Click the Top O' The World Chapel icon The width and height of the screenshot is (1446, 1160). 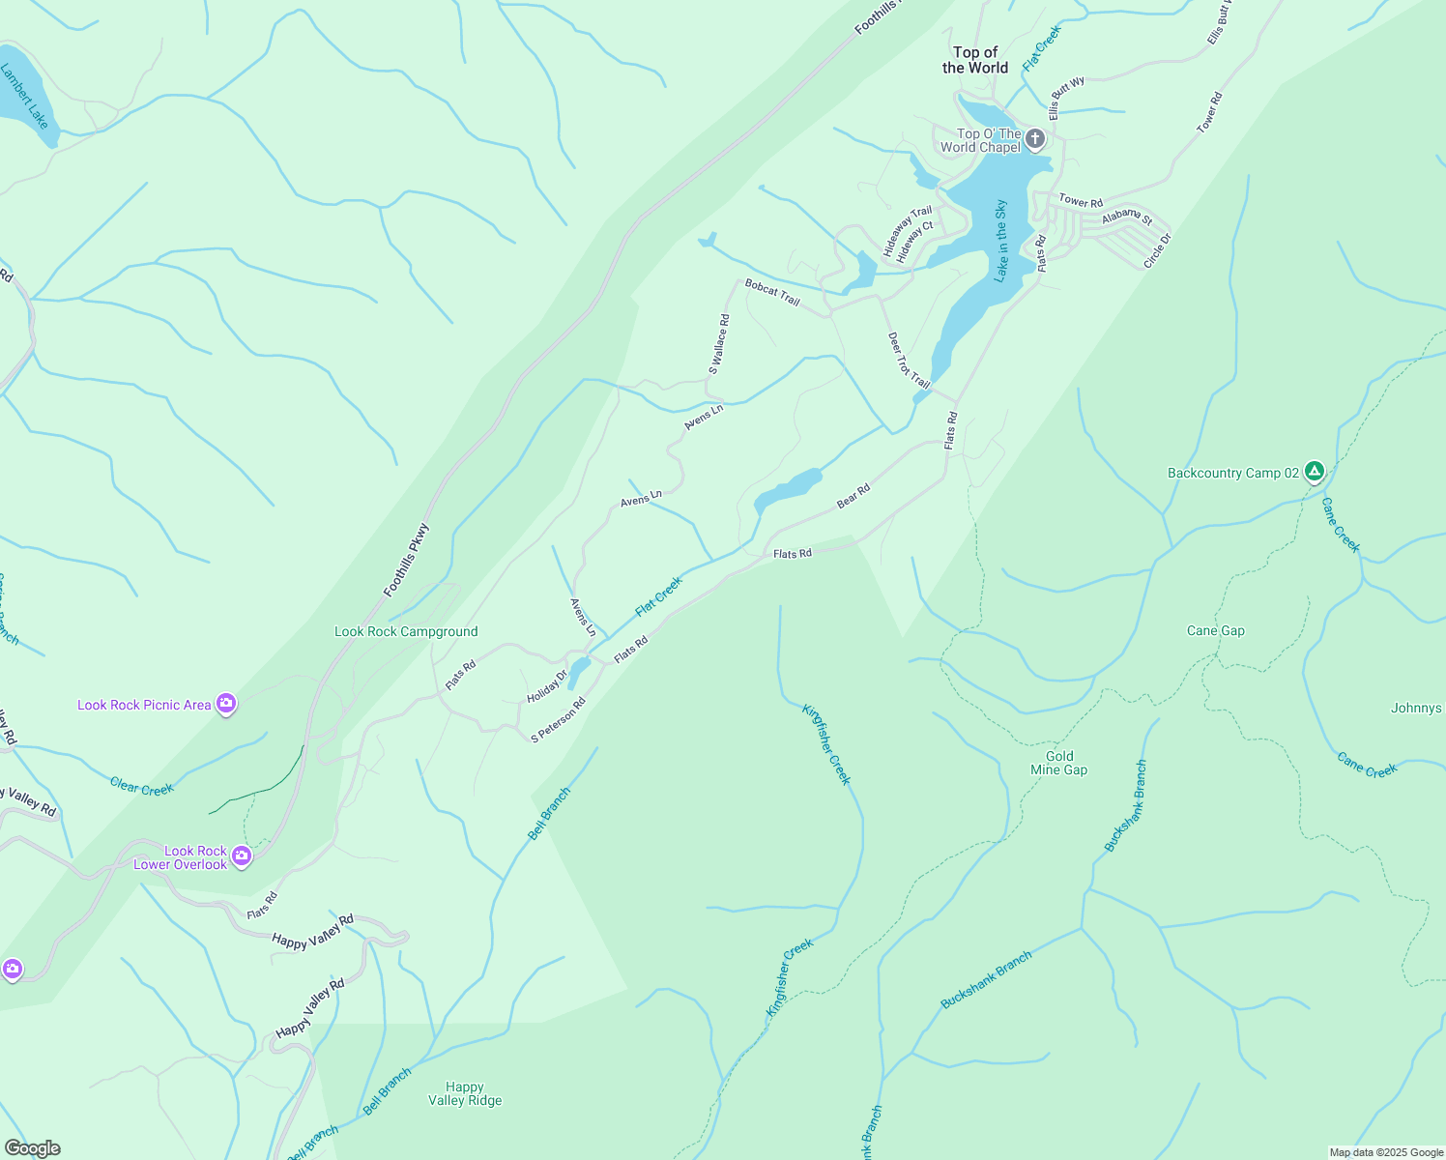[1035, 139]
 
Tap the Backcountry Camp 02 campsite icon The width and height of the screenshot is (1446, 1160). [1314, 472]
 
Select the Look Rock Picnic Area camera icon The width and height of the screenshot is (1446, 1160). [226, 704]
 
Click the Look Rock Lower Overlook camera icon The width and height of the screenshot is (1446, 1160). [242, 855]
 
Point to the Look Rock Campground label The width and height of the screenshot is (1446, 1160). [406, 631]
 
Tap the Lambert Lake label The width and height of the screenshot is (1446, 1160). [24, 96]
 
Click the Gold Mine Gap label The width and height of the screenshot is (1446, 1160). [1059, 764]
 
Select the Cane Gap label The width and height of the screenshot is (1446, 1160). [1216, 630]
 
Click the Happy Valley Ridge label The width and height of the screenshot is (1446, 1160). [465, 1093]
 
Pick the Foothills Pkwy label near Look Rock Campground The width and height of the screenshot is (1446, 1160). [406, 560]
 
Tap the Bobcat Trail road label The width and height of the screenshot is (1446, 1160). [772, 293]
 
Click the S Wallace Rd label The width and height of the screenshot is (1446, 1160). [719, 344]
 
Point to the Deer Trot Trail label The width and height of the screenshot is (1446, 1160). [909, 361]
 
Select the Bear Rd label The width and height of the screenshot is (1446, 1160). [853, 496]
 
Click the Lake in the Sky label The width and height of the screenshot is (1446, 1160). [1001, 241]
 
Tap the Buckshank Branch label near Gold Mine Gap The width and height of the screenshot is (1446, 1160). [1126, 805]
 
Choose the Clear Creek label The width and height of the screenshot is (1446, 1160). [142, 788]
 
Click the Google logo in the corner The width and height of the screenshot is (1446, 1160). [32, 1148]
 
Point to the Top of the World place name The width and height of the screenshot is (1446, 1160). [975, 60]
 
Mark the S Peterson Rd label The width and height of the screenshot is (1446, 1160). [559, 720]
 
